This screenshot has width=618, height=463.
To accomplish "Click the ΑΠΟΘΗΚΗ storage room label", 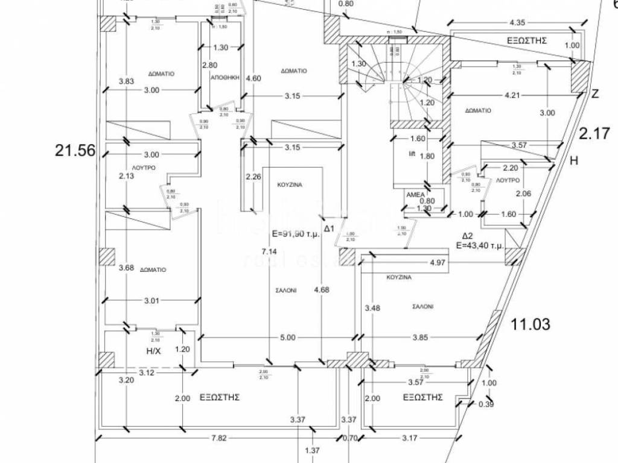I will click(226, 78).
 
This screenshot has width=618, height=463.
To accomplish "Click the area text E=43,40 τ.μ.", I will click(480, 245).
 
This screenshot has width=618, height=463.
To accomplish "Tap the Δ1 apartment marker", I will click(329, 228).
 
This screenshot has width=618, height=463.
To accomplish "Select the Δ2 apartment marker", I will click(468, 236).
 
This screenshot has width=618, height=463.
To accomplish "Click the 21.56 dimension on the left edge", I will click(75, 151).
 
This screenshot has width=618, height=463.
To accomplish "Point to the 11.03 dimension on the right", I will click(530, 324).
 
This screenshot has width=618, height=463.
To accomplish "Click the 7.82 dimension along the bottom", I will click(218, 438).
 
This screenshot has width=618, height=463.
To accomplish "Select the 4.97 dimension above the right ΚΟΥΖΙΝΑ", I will click(438, 263).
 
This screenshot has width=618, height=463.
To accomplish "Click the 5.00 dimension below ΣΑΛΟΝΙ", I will click(288, 338).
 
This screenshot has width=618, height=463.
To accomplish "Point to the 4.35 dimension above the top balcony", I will click(518, 23).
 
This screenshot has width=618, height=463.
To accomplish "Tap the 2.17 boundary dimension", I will click(596, 133).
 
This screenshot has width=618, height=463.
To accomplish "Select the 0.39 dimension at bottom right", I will click(485, 404).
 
